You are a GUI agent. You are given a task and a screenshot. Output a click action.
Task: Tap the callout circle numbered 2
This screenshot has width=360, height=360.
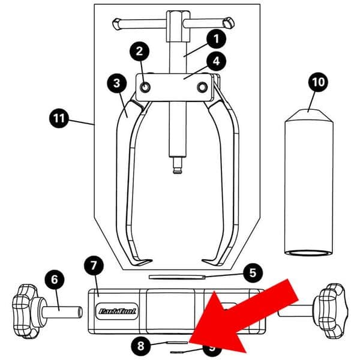coord(139,52)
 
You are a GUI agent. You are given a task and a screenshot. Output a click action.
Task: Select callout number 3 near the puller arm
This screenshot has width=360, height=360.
coord(116,83)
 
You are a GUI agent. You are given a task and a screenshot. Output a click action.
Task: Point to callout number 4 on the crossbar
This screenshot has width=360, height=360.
coord(214,61)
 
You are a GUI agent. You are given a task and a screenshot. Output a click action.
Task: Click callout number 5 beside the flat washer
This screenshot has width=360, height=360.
coord(252,273)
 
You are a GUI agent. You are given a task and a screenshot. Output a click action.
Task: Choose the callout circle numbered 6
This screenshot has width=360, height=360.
coord(53,280)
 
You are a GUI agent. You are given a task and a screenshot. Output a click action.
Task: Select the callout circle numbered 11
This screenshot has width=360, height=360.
coord(58,119)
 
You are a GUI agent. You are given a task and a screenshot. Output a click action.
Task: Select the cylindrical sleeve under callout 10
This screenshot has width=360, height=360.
coord(308,186)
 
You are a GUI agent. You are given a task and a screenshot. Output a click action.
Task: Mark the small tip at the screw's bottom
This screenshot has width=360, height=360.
coord(176,170)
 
